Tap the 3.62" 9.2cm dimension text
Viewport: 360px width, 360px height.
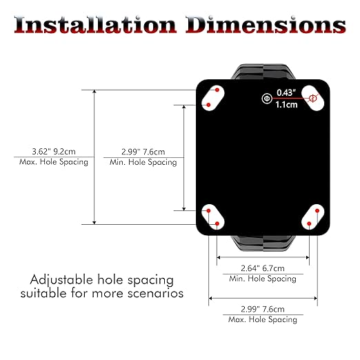(54, 152)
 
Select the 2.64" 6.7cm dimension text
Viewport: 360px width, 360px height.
(263, 268)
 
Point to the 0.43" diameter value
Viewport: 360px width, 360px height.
(286, 92)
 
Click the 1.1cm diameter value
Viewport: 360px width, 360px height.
(286, 105)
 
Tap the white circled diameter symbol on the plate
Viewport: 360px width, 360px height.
(267, 99)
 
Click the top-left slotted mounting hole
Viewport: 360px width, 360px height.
(212, 98)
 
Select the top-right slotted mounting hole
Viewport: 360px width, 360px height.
(312, 98)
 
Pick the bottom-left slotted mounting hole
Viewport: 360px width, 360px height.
(212, 217)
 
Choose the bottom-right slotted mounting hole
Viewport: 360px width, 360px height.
(312, 217)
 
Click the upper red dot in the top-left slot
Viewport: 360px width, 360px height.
(217, 90)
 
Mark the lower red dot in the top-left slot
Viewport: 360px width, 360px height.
(208, 105)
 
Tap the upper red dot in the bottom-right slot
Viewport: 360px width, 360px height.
(317, 210)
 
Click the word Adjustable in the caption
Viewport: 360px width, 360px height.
(61, 281)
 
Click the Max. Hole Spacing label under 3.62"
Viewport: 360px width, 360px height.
(54, 162)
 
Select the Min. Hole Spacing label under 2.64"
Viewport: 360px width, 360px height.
(263, 279)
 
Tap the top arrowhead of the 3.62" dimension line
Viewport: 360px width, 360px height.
(94, 91)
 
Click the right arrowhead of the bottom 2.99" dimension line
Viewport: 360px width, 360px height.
(316, 299)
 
